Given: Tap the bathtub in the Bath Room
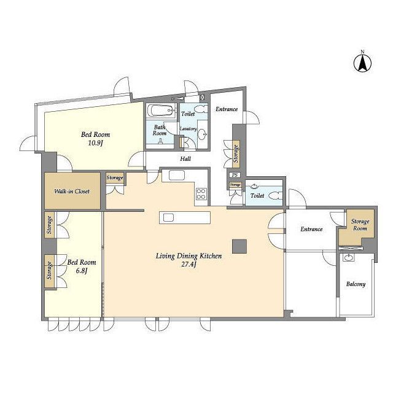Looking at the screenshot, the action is click(160, 111).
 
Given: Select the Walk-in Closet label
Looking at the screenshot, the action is click(72, 191).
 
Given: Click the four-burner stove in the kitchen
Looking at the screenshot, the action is click(201, 194).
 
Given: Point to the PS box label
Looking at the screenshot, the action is click(235, 175).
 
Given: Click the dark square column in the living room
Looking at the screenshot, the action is click(239, 246).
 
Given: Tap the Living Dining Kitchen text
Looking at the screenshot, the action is click(189, 256).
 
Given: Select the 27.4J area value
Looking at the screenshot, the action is click(189, 265).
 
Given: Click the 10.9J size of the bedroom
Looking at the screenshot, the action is click(96, 143).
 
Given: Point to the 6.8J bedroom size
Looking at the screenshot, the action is click(82, 271).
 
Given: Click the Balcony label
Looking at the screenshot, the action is click(356, 284).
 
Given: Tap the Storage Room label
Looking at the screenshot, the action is click(360, 225).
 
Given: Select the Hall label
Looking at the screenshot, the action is click(185, 158).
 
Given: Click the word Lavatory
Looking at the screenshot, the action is click(189, 129).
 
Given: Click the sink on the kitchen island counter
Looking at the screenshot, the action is click(168, 217).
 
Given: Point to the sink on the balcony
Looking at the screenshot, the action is click(348, 257).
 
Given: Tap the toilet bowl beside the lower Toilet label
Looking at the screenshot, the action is click(277, 195).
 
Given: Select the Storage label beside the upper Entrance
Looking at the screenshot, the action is click(236, 154).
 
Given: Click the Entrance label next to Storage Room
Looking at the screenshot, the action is click(311, 229).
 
